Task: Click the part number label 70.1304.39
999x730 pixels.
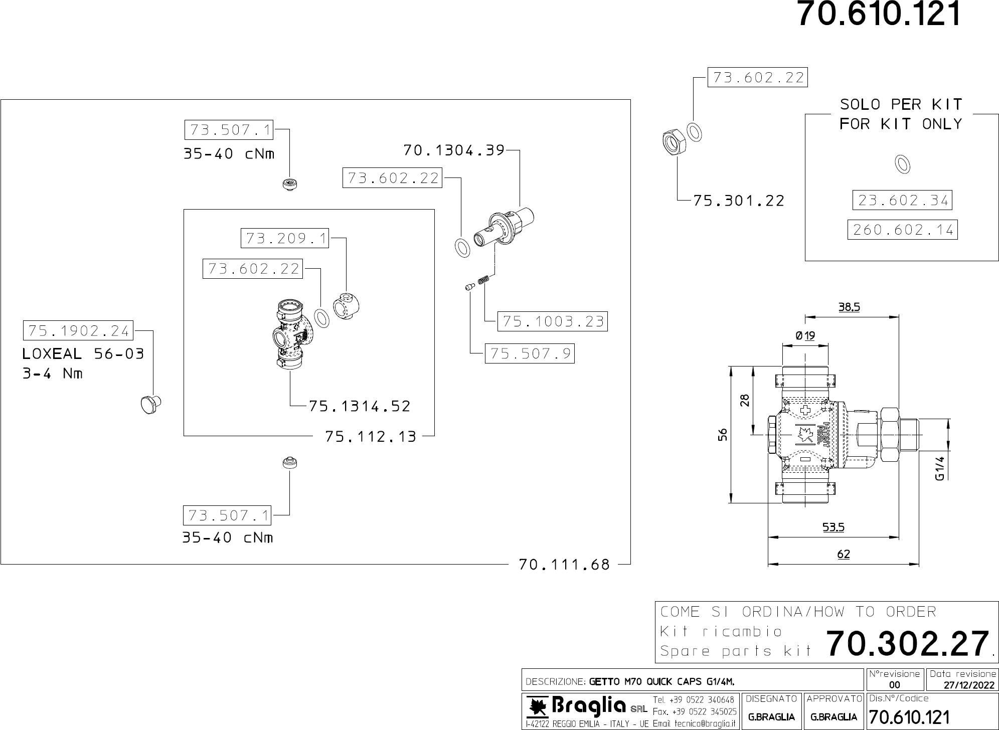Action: [x=454, y=150]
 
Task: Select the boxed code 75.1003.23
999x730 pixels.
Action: [x=552, y=321]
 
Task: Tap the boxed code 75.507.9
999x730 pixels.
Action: [x=530, y=353]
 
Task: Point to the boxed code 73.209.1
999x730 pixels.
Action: [x=285, y=238]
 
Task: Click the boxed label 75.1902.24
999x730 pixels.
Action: [x=78, y=330]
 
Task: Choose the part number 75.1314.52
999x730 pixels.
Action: [x=360, y=406]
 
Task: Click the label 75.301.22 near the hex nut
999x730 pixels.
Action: [x=739, y=201]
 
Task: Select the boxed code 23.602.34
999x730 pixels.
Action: [x=902, y=201]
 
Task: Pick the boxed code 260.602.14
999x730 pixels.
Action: [x=902, y=230]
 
